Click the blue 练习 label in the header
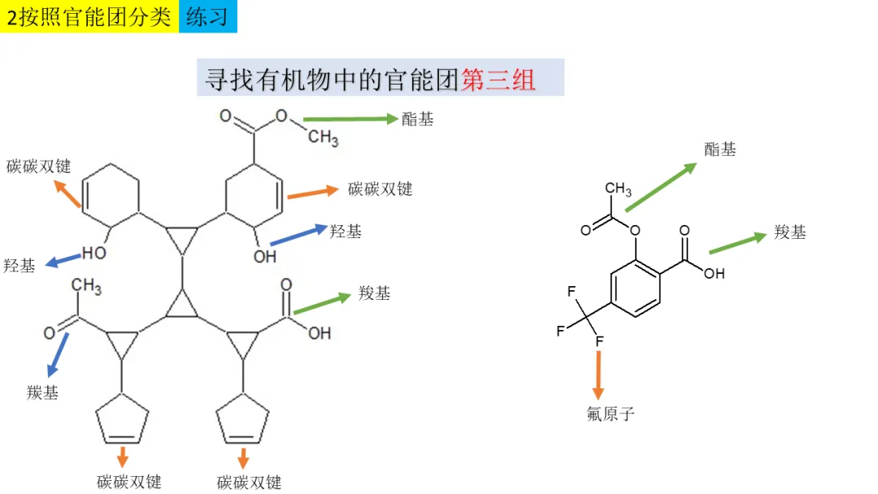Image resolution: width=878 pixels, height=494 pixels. pyautogui.click(x=207, y=16)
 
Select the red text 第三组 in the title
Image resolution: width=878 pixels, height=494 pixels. pyautogui.click(x=498, y=79)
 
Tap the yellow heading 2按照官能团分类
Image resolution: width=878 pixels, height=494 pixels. pyautogui.click(x=89, y=16)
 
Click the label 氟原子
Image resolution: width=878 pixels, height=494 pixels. pyautogui.click(x=610, y=414)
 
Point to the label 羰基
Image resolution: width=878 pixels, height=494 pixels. pyautogui.click(x=42, y=393)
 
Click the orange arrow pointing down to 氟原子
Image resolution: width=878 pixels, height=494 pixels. pyautogui.click(x=599, y=375)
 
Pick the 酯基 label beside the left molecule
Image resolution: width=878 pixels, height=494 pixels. pyautogui.click(x=418, y=119)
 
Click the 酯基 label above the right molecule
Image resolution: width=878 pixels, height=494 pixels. pyautogui.click(x=720, y=149)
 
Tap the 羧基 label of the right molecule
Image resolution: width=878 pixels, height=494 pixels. pyautogui.click(x=790, y=232)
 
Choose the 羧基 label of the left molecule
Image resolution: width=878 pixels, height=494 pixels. pyautogui.click(x=374, y=293)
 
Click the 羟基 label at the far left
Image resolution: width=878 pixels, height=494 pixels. pyautogui.click(x=20, y=266)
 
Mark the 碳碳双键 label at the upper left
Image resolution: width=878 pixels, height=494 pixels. pyautogui.click(x=38, y=167)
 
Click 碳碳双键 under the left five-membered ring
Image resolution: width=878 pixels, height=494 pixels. pyautogui.click(x=129, y=482)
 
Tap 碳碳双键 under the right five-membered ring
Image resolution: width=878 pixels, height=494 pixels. pyautogui.click(x=250, y=482)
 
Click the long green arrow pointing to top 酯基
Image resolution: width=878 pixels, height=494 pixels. pyautogui.click(x=350, y=119)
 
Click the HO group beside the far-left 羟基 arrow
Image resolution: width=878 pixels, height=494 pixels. pyautogui.click(x=94, y=253)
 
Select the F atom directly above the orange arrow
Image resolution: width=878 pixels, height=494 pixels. pyautogui.click(x=599, y=341)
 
